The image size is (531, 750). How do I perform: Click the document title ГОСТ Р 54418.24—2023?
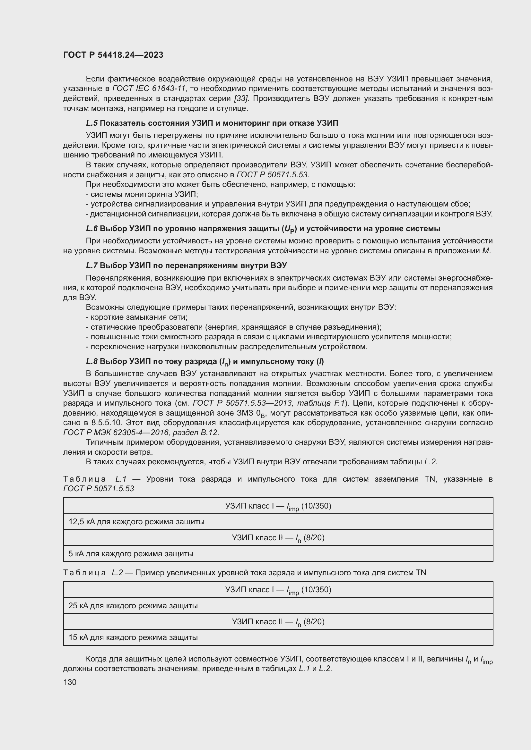point(113,55)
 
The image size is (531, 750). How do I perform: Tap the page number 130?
point(70,682)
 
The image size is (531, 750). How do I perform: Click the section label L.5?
point(92,123)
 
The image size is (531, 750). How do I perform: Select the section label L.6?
point(92,229)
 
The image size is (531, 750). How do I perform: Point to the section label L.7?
point(92,265)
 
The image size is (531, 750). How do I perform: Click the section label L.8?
point(92,361)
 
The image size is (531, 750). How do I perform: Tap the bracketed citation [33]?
point(241,98)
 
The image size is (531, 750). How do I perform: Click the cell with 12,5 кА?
point(136,522)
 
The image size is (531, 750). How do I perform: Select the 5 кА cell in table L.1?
point(131,554)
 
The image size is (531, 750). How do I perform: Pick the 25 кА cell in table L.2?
point(133,606)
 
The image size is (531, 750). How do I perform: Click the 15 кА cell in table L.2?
point(133,637)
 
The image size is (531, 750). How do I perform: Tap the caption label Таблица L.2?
point(93,573)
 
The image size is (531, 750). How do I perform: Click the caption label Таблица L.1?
point(95,479)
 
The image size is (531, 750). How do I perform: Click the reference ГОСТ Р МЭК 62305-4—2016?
point(116,433)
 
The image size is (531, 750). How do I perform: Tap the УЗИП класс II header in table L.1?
point(278,538)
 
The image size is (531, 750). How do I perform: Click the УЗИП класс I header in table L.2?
point(278,590)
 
